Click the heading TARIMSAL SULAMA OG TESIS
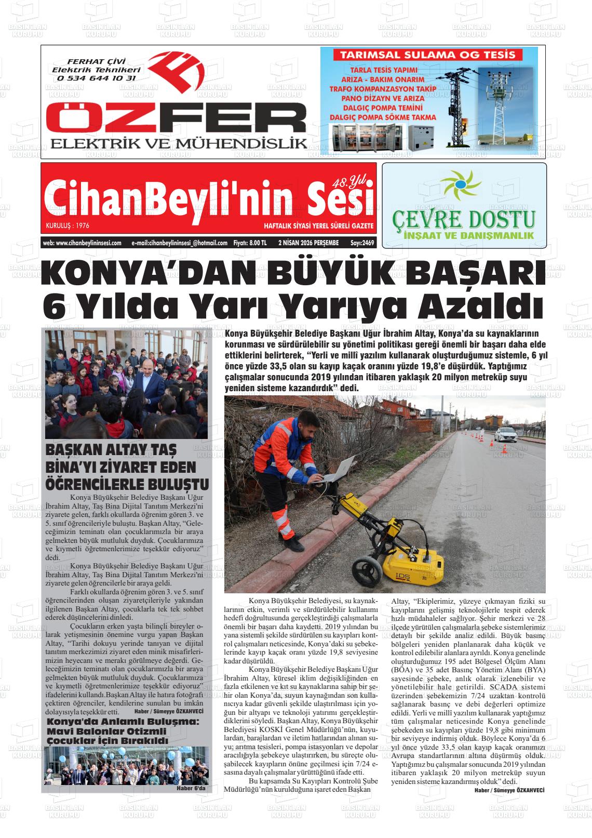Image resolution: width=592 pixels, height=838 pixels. pos(425,55)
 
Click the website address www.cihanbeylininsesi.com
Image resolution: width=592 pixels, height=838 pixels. pos(82,243)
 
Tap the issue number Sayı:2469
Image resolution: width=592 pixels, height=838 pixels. pos(362,243)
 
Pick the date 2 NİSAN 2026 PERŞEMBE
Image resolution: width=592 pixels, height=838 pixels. pos(308,243)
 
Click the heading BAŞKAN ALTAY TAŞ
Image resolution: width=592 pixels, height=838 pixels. pos(111,449)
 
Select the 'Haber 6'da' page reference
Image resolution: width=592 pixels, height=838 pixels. pos(191,788)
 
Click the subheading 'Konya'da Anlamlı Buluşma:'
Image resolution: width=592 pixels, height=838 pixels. pos(123,722)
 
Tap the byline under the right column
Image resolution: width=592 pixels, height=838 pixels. pos(509,790)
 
